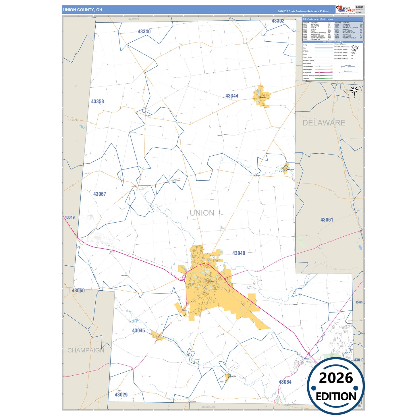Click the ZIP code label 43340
pyautogui.click(x=144, y=32)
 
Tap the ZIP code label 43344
pyautogui.click(x=232, y=96)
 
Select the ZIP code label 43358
pyautogui.click(x=98, y=102)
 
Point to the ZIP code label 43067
pyautogui.click(x=100, y=194)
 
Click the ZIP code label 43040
pyautogui.click(x=239, y=253)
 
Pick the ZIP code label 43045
pyautogui.click(x=138, y=331)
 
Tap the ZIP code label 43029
pyautogui.click(x=121, y=395)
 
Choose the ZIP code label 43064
pyautogui.click(x=285, y=382)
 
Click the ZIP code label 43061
pyautogui.click(x=327, y=220)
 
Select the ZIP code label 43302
pyautogui.click(x=278, y=21)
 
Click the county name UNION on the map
pyautogui.click(x=202, y=213)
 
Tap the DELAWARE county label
pyautogui.click(x=324, y=123)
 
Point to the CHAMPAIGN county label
pyautogui.click(x=86, y=350)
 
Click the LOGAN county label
pyautogui.click(x=72, y=120)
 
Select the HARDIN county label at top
pyautogui.click(x=133, y=19)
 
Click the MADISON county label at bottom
pyautogui.click(x=208, y=407)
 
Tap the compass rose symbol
pyautogui.click(x=354, y=90)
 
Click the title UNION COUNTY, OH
pyautogui.click(x=83, y=10)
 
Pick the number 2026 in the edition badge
pyautogui.click(x=336, y=378)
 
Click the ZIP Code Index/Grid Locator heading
pyautogui.click(x=318, y=20)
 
